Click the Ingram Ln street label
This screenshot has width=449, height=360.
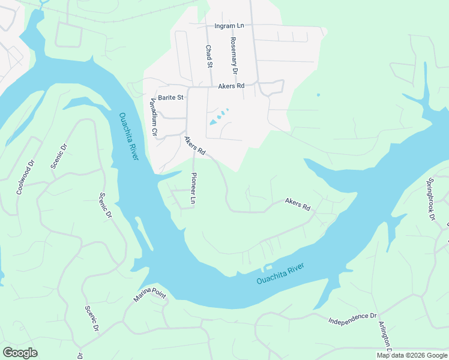(229, 26)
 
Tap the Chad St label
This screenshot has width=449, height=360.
(209, 56)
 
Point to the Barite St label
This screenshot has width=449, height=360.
(170, 97)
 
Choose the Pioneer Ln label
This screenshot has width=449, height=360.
(193, 188)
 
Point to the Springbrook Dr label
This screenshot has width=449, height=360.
(430, 199)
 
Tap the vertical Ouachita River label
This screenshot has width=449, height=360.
(129, 136)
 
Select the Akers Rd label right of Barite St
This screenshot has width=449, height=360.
(232, 86)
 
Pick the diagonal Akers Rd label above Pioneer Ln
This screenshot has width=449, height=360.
(195, 146)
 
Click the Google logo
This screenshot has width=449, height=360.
(20, 353)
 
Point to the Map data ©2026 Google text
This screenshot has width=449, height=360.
(412, 355)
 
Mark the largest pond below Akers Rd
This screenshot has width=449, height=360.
(214, 122)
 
